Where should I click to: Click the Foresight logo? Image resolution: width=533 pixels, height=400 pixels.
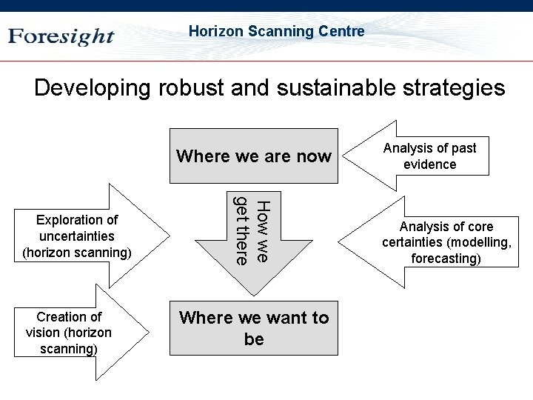coord(61,36)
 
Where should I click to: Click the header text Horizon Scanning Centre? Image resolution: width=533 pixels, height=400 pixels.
coord(276,31)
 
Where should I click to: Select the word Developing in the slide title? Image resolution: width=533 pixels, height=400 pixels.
coord(93,88)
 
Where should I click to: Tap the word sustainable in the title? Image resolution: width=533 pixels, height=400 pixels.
coord(338,88)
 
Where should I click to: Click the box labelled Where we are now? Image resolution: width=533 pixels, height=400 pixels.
coord(254,156)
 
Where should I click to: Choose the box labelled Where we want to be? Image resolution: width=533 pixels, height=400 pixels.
coord(254,328)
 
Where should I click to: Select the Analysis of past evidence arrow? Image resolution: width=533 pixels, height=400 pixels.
coord(429,156)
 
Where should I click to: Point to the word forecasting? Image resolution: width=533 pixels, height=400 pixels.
coord(446,259)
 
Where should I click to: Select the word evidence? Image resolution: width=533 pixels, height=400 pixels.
coord(429,164)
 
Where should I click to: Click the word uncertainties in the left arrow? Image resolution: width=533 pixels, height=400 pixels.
coord(77,236)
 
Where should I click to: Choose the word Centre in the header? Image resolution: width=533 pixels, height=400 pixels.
coord(341,31)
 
